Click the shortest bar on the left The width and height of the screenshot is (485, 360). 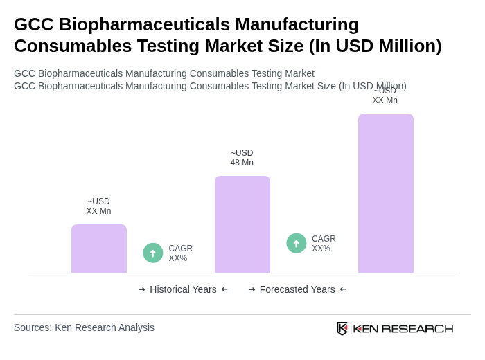tap(99, 249)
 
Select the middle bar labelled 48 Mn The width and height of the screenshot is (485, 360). tap(242, 224)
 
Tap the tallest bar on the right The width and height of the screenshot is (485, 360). tap(386, 193)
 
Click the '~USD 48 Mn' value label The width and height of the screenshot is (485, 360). tap(242, 158)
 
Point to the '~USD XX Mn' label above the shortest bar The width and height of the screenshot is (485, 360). tap(98, 206)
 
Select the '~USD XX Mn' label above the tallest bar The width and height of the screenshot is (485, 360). tap(385, 96)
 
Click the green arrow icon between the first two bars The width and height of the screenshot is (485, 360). tap(153, 253)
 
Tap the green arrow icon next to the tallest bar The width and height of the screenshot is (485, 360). tap(297, 243)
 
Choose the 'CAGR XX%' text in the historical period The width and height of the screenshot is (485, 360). tap(180, 253)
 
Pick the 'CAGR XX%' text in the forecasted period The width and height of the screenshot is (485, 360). tap(324, 244)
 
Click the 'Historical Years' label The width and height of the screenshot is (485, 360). tap(183, 289)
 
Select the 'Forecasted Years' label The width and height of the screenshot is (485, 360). tap(297, 289)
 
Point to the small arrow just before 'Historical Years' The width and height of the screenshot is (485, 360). tap(142, 289)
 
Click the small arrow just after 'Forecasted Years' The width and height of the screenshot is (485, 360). tap(343, 289)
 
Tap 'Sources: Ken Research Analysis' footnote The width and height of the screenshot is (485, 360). tap(84, 327)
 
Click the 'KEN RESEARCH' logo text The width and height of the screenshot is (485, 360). tap(403, 329)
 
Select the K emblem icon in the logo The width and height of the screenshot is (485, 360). tap(342, 328)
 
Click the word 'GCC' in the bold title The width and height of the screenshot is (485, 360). tap(34, 24)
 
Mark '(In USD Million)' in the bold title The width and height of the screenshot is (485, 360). tap(375, 46)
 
